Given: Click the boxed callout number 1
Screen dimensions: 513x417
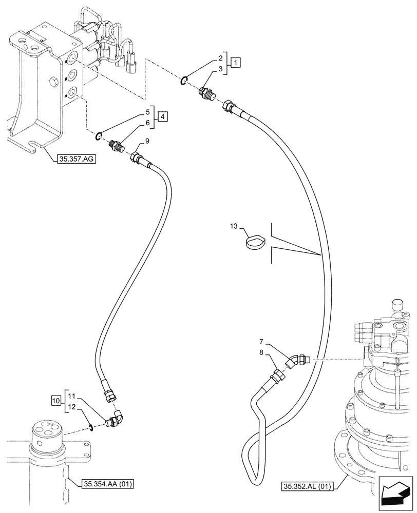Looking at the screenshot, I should (235, 63).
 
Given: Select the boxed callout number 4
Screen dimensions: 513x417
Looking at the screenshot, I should (162, 117).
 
